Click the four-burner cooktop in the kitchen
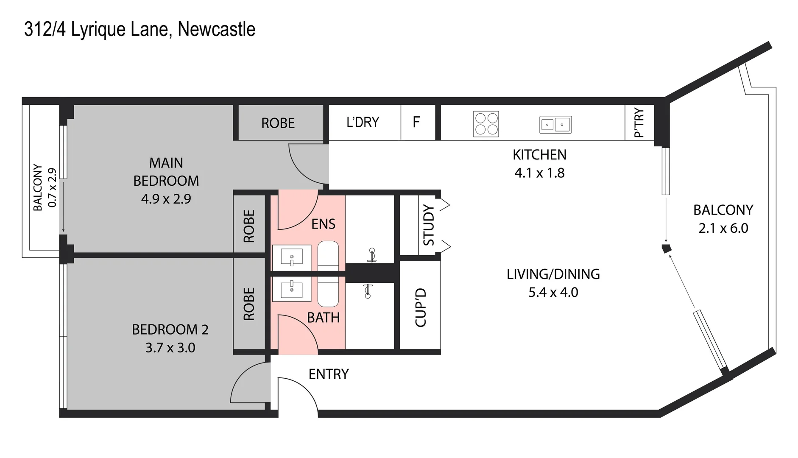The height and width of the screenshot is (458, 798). point(486,124)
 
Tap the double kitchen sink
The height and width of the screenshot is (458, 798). point(555,124)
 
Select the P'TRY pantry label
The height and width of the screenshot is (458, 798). point(639,123)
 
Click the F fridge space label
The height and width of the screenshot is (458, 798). point(416,122)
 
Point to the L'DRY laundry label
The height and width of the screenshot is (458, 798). point(363,122)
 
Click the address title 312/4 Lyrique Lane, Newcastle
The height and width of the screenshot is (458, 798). point(140,30)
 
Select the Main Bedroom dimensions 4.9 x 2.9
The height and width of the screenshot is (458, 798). point(166,199)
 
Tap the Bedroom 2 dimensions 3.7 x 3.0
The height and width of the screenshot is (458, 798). point(170,348)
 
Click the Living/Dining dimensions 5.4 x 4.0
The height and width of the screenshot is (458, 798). point(553,292)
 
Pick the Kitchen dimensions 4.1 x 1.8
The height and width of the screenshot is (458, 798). point(539,173)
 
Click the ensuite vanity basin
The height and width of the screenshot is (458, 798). point(291,257)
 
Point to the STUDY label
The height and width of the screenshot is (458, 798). point(429,225)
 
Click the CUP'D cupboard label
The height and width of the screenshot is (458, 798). point(420,307)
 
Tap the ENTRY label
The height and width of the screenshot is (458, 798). point(329,374)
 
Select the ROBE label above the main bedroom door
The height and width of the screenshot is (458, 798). point(278,123)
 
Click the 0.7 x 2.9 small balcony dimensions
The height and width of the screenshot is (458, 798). point(52,187)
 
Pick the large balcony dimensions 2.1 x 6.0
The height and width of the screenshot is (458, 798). point(723,228)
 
